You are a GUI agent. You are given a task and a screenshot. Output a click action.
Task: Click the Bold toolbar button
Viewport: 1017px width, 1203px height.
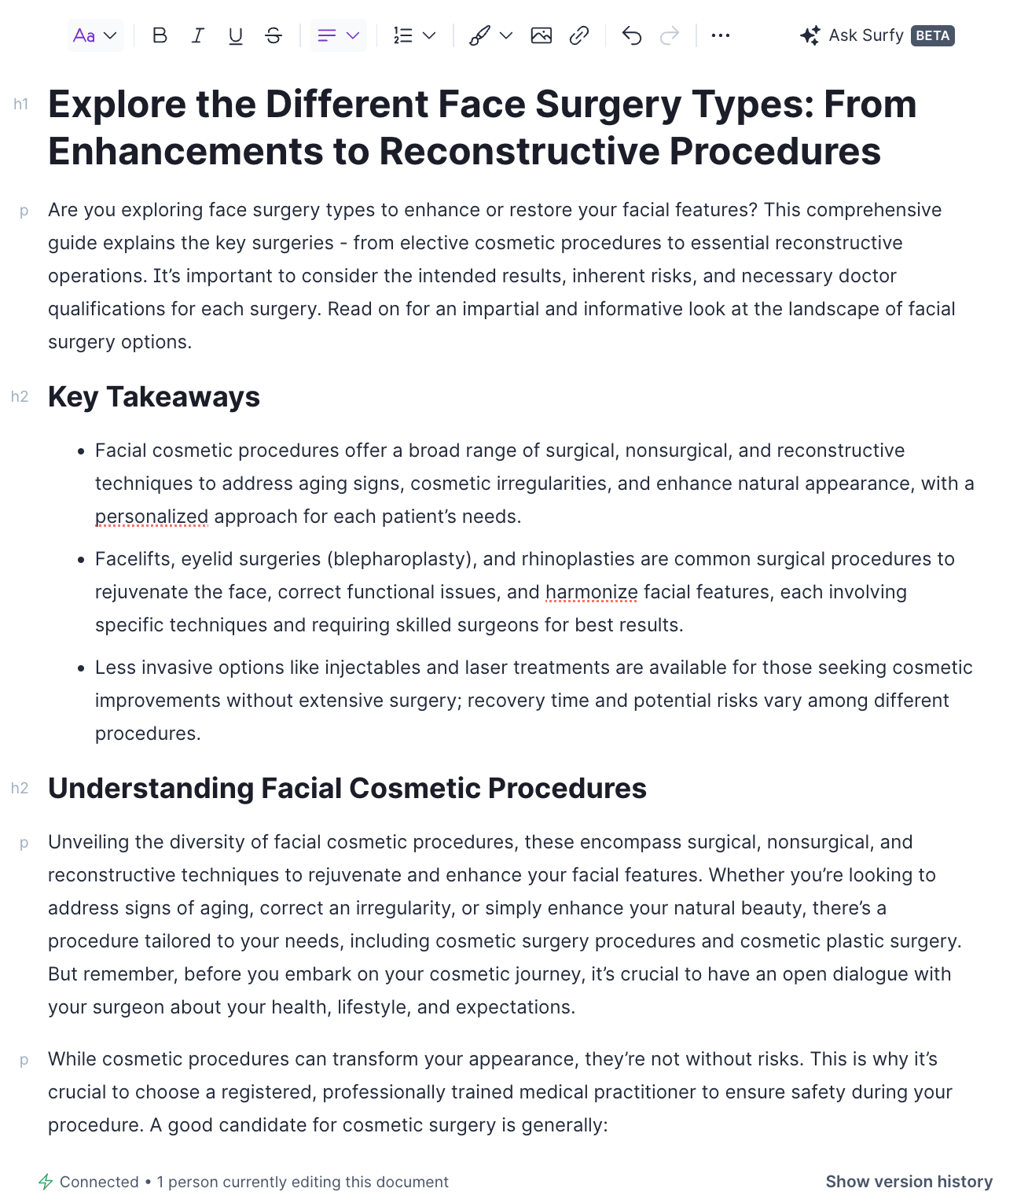tap(160, 35)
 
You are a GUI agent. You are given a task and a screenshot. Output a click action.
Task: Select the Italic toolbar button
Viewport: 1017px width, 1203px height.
tap(198, 35)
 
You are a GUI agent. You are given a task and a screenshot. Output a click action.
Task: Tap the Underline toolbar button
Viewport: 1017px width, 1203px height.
tap(235, 35)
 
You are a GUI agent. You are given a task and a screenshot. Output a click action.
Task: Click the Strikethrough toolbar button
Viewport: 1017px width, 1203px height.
tap(274, 35)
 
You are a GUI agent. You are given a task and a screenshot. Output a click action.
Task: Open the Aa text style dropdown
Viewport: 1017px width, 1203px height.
tap(95, 35)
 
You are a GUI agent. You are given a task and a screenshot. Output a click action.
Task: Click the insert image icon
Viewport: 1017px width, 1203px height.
tap(542, 35)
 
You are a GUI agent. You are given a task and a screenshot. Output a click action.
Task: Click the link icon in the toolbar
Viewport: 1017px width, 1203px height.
tap(579, 35)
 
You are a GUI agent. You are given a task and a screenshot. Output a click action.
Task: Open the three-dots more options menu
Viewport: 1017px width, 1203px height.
tap(720, 35)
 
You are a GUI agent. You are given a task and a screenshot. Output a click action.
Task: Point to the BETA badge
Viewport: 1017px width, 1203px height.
tap(933, 35)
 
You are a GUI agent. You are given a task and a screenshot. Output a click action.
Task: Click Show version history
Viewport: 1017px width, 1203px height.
tap(909, 1182)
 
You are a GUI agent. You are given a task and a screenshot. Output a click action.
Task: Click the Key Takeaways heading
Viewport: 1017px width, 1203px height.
tap(154, 397)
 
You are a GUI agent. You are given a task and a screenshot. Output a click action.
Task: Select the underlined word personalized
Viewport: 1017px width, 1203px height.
tap(152, 517)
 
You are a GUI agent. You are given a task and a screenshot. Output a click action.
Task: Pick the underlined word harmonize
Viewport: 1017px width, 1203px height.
tap(591, 592)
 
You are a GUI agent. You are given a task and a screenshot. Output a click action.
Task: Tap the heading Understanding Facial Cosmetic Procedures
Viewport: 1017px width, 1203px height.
tap(347, 789)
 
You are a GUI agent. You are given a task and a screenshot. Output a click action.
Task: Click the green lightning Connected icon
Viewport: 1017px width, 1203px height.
tap(46, 1182)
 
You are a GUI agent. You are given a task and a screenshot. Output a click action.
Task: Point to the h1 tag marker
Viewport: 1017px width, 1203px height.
tap(21, 104)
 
